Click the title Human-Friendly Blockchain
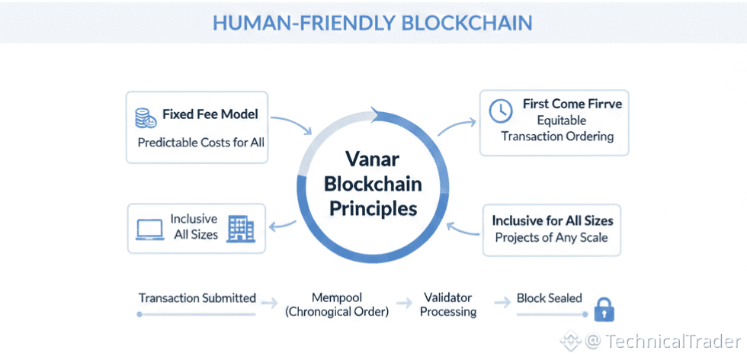tap(373, 22)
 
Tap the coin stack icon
tap(144, 117)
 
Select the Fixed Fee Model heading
tap(210, 114)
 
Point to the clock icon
tap(500, 111)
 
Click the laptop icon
tap(150, 230)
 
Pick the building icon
tap(241, 228)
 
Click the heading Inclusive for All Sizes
tap(553, 220)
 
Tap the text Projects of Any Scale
tap(553, 236)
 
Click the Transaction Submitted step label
tap(197, 297)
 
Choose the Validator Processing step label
tap(448, 304)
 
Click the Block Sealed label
tap(549, 297)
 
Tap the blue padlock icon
tap(604, 310)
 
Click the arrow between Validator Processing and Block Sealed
tap(501, 302)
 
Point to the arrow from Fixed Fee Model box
tap(290, 124)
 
